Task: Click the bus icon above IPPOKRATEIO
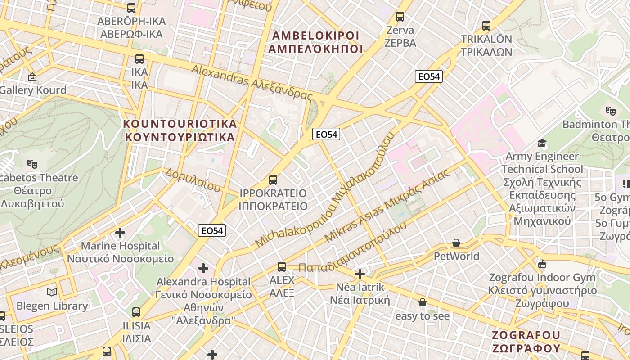273,180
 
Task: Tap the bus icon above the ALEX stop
282,266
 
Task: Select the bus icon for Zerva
400,17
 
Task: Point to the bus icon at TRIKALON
486,25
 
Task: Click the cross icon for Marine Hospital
120,233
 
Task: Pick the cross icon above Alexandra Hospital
203,268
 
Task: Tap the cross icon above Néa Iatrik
360,274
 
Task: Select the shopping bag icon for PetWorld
456,243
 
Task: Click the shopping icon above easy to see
422,302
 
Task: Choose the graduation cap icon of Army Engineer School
542,143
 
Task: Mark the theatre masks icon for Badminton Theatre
610,110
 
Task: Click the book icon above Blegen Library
52,292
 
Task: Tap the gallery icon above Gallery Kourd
32,77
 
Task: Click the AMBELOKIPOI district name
316,42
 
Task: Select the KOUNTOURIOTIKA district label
180,130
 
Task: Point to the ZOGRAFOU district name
526,342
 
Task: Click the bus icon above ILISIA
136,312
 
